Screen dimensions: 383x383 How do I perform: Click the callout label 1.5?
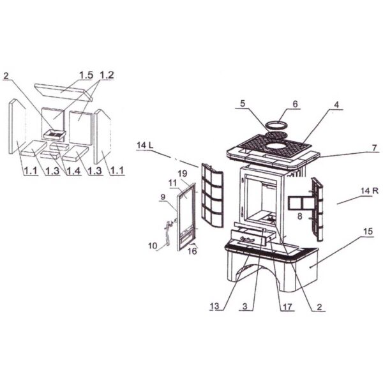pyautogui.click(x=86, y=75)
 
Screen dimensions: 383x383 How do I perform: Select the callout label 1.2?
pyautogui.click(x=107, y=75)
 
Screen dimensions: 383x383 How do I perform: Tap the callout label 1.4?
pyautogui.click(x=73, y=170)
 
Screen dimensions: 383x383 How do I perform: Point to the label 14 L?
pyautogui.click(x=145, y=146)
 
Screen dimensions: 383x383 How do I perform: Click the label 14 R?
pyautogui.click(x=370, y=191)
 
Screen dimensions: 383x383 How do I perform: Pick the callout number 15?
pyautogui.click(x=368, y=231)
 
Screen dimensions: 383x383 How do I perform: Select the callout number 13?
pyautogui.click(x=214, y=306)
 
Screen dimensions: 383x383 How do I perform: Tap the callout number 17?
pyautogui.click(x=287, y=307)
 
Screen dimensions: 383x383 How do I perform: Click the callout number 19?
pyautogui.click(x=182, y=174)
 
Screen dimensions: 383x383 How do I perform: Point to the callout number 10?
pyautogui.click(x=153, y=246)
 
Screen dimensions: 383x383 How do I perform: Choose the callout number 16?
pyautogui.click(x=192, y=251)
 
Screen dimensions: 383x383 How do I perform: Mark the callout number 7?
pyautogui.click(x=375, y=148)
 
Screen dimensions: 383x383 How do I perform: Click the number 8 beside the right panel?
pyautogui.click(x=300, y=216)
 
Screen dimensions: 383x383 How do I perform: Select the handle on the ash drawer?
pyautogui.click(x=247, y=239)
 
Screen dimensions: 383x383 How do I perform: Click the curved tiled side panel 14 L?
pyautogui.click(x=212, y=195)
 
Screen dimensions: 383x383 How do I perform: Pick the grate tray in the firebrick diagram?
pyautogui.click(x=54, y=135)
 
